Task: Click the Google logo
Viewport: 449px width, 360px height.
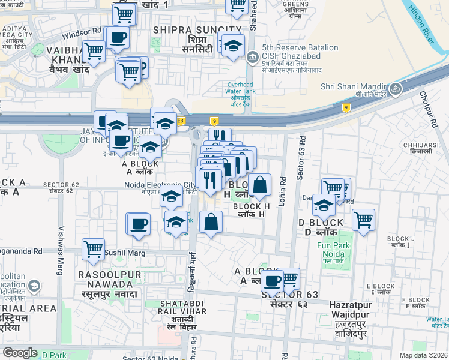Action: point(20,353)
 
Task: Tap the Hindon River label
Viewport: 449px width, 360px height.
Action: point(420,24)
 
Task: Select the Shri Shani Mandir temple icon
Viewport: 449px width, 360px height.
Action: point(395,89)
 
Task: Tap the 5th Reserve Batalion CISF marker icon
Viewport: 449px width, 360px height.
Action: point(250,58)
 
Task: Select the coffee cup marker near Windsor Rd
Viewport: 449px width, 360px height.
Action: point(118,38)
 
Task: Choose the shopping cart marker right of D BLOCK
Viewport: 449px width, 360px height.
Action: point(363,220)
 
